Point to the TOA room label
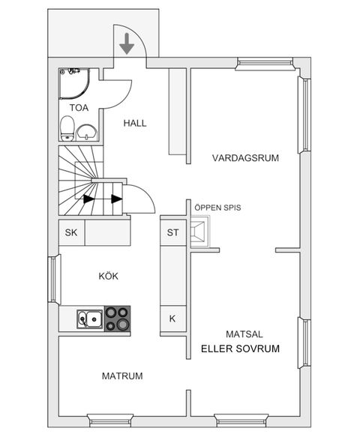tap(79, 108)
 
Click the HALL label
tap(135, 123)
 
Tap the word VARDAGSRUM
tap(245, 158)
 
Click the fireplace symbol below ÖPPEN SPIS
tap(200, 232)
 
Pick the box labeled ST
tap(172, 232)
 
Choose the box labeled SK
tap(71, 232)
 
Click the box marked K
tap(172, 319)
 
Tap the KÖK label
tap(109, 276)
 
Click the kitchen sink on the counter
tap(91, 319)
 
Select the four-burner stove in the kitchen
tap(116, 319)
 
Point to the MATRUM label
tap(122, 376)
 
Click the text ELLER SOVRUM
tap(240, 349)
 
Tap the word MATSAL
tap(244, 334)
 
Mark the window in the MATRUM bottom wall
tap(110, 418)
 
